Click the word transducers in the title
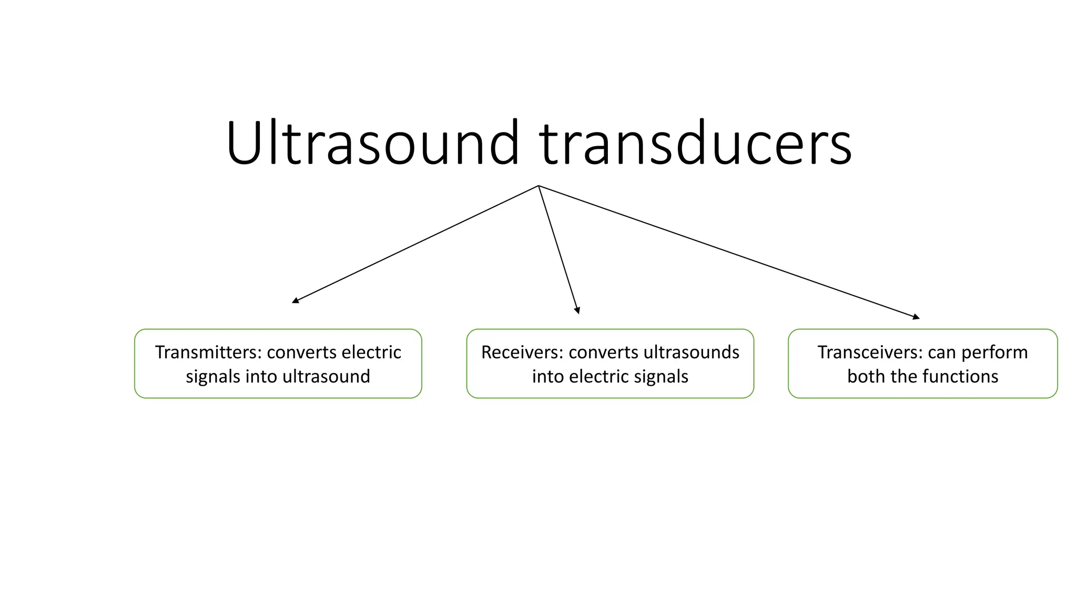coord(695,143)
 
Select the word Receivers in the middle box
coord(521,352)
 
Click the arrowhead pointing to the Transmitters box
coord(295,301)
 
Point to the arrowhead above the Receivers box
coord(577,311)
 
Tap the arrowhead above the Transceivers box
coord(916,317)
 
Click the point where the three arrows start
coord(538,186)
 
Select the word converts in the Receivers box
coord(603,352)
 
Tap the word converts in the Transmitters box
coord(301,352)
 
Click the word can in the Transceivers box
coord(943,352)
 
